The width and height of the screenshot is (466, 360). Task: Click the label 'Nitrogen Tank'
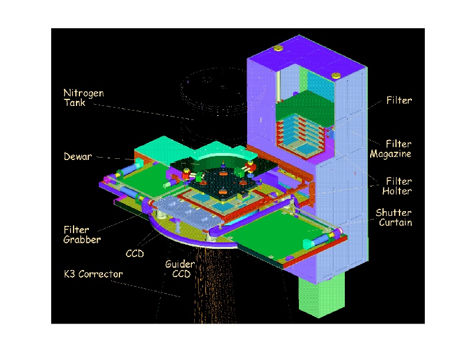pos(84,98)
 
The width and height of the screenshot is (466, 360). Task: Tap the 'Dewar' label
pos(78,156)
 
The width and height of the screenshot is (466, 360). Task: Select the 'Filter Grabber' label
pos(82,235)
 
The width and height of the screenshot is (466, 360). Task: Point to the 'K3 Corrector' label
pos(94,274)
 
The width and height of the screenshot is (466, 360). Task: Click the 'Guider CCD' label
pos(181,269)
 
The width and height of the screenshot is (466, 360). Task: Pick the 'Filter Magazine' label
pos(391,149)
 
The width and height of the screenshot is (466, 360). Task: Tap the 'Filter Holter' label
pos(397,186)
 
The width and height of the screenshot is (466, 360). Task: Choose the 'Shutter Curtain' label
pos(394,218)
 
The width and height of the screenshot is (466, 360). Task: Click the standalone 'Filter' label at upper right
pos(399,101)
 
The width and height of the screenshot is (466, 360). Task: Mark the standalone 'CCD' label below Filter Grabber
pos(135,254)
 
